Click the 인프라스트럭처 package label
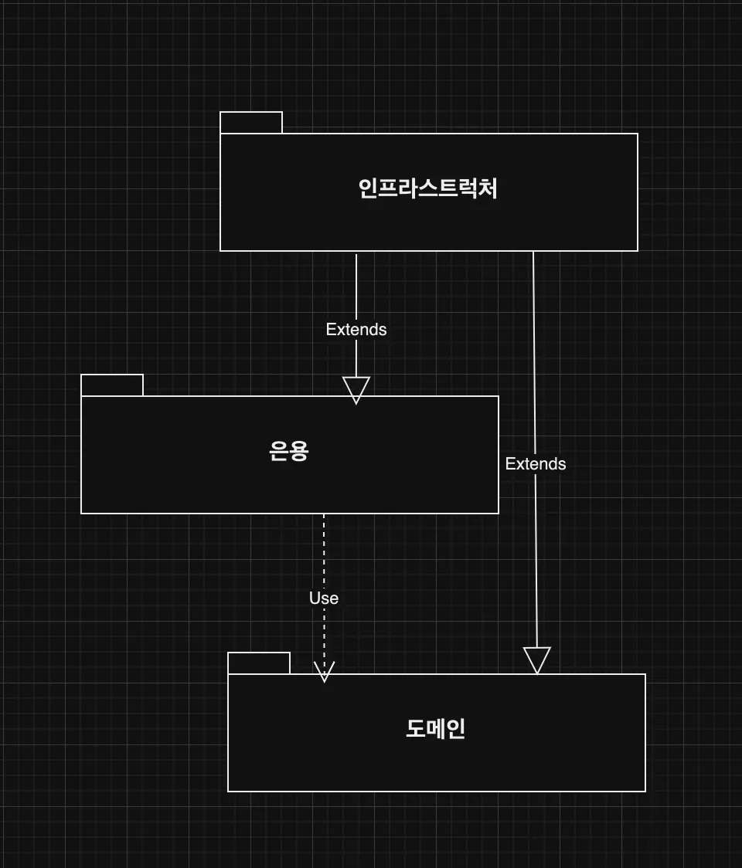click(427, 188)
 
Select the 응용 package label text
click(289, 451)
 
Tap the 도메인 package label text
click(436, 728)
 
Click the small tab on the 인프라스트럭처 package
click(251, 122)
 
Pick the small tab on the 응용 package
click(112, 385)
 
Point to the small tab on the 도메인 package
click(259, 663)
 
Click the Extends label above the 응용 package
click(356, 330)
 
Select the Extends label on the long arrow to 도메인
click(536, 464)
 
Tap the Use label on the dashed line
click(324, 598)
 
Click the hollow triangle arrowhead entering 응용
click(356, 390)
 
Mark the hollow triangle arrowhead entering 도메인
click(537, 660)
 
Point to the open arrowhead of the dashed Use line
click(324, 672)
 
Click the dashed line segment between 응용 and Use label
click(324, 551)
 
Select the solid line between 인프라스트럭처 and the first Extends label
click(356, 287)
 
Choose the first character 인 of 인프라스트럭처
click(368, 188)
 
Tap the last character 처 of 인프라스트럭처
click(488, 188)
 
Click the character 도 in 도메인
click(416, 728)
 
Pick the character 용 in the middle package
click(299, 451)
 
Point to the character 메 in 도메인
click(436, 728)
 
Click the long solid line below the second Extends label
click(536, 560)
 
